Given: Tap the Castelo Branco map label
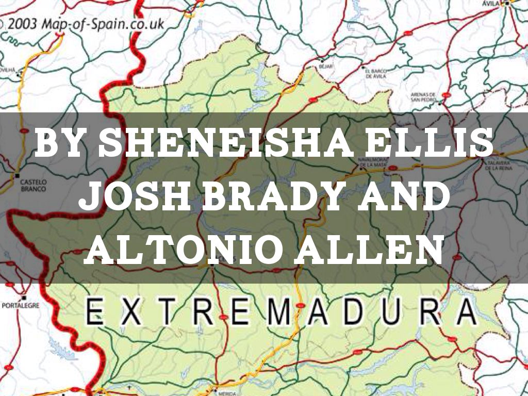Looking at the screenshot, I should coord(32,186).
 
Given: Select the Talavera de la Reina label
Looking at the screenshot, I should coord(497,166).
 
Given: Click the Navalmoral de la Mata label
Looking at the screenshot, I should coord(372,162).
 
